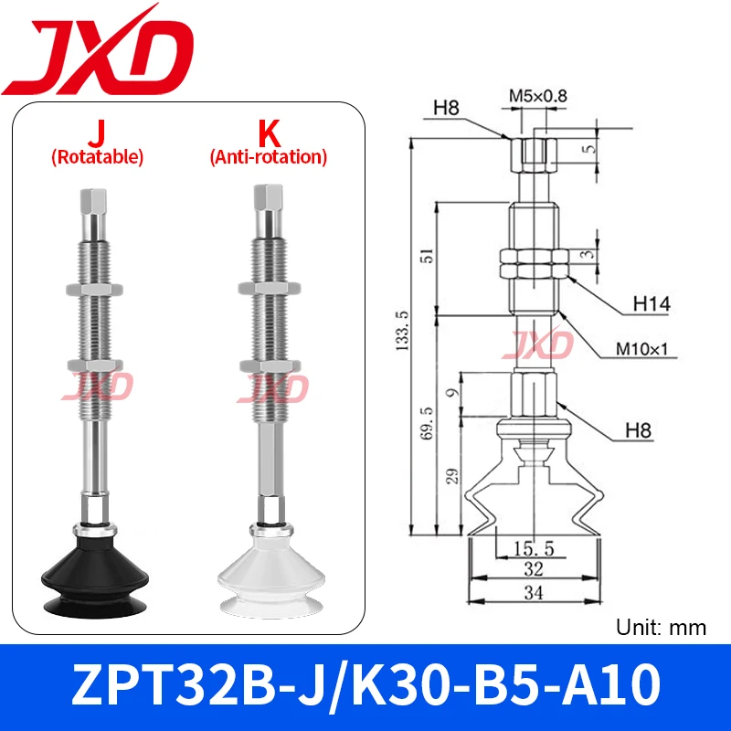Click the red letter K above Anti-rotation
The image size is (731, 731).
[268, 134]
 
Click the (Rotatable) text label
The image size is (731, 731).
[96, 157]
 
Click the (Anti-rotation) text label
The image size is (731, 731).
[268, 157]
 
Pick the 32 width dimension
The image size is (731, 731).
[535, 569]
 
